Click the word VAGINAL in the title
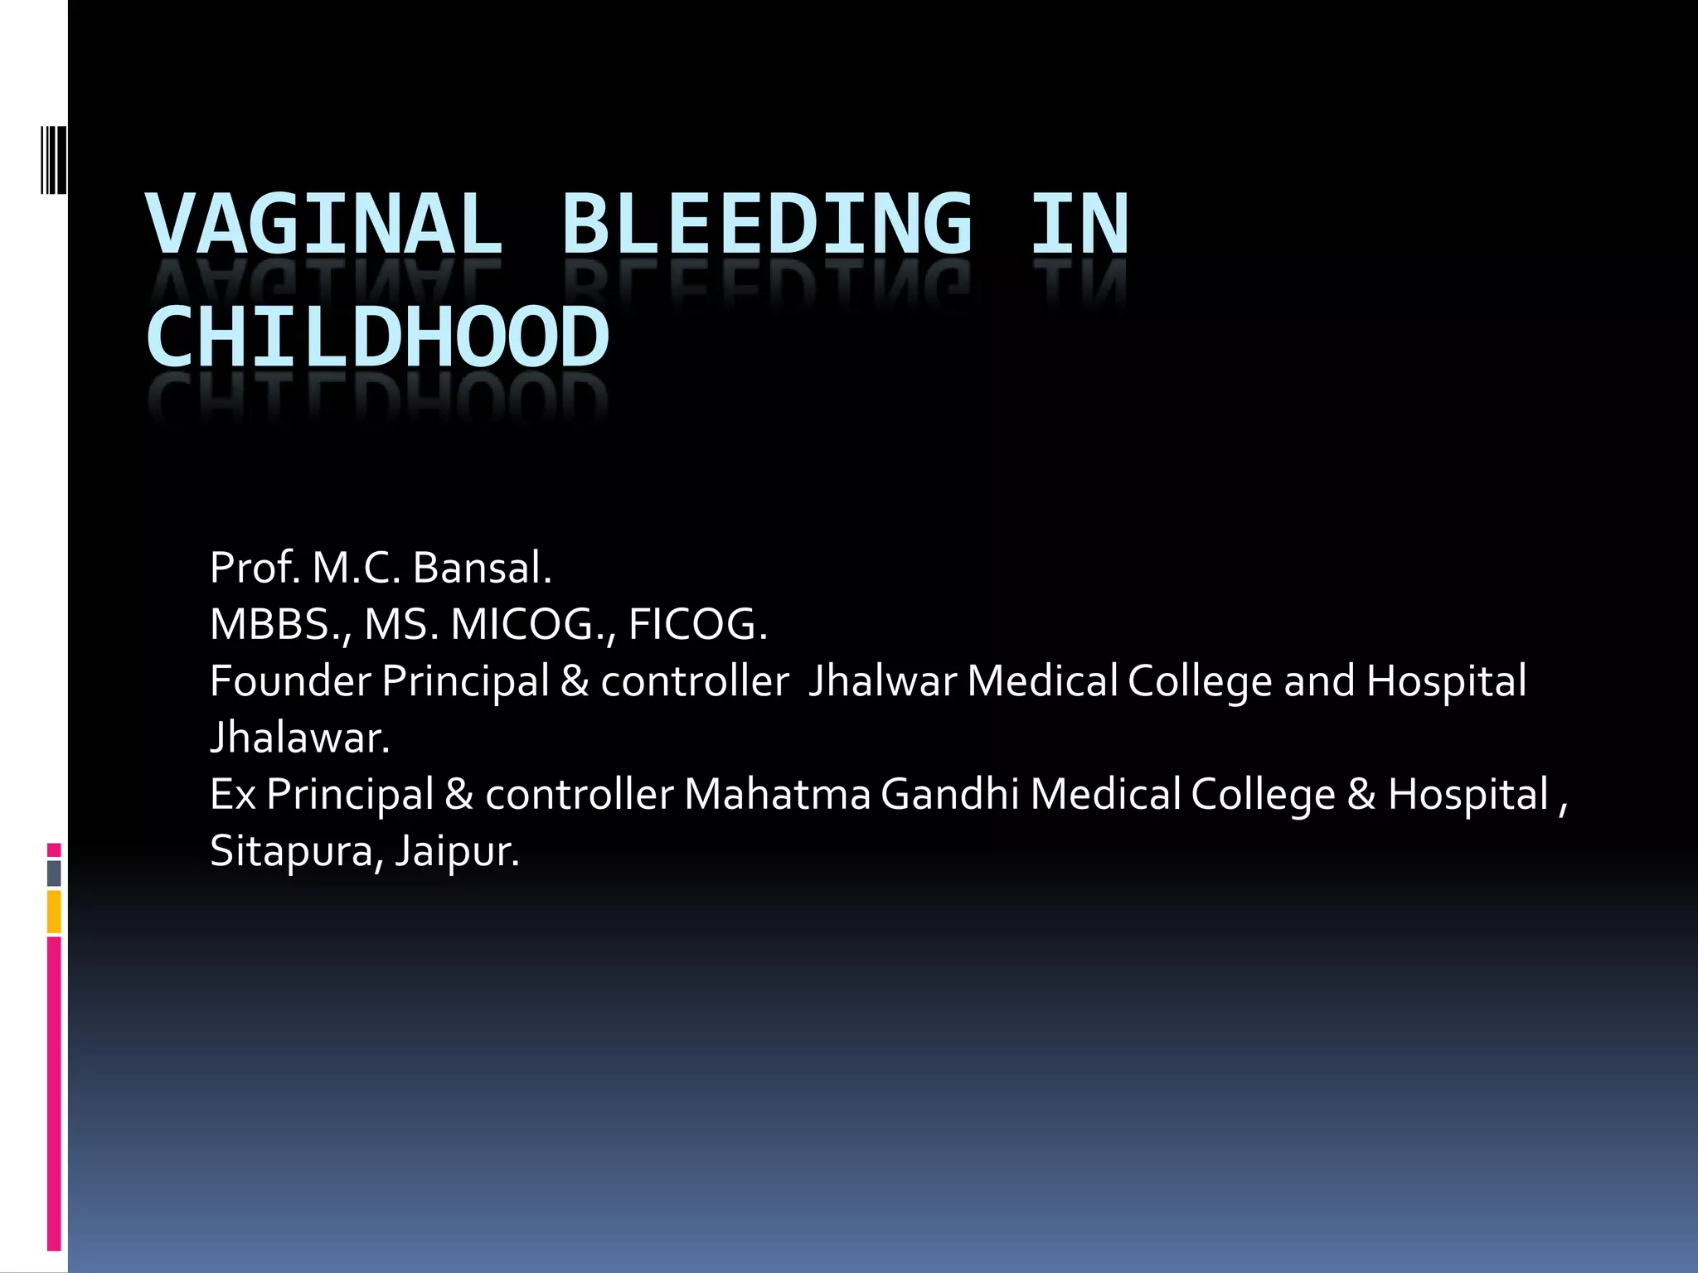[x=325, y=224]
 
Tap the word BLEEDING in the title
[x=767, y=224]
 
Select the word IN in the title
[x=1079, y=224]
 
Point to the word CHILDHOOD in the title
[x=378, y=337]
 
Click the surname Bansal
[x=481, y=569]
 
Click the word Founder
[x=290, y=681]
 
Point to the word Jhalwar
[x=882, y=681]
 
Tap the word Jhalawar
[x=299, y=738]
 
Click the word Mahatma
[x=777, y=794]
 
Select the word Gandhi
[x=949, y=794]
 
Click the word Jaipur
[x=457, y=851]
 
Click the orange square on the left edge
[x=54, y=912]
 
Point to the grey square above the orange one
[x=54, y=873]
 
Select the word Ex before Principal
[x=233, y=794]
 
